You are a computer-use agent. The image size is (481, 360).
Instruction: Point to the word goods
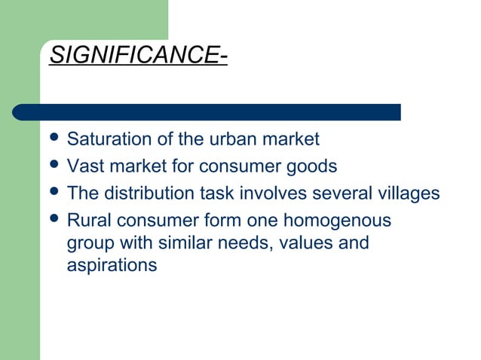pyautogui.click(x=314, y=166)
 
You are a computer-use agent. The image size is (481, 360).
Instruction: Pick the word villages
pyautogui.click(x=409, y=194)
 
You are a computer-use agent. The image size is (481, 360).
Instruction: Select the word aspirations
pyautogui.click(x=112, y=265)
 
